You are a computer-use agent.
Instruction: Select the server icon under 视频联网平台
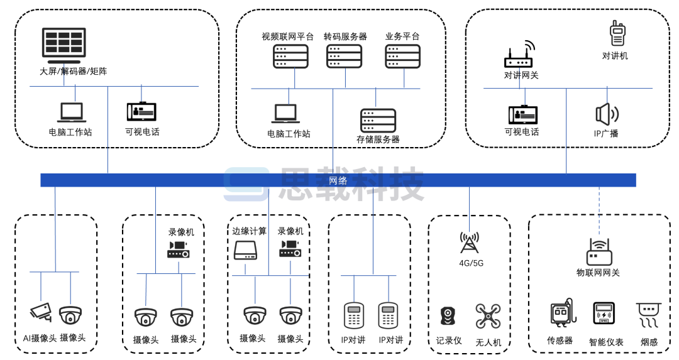point(290,56)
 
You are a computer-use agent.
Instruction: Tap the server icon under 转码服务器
point(345,56)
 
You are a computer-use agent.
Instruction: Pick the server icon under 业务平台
point(402,56)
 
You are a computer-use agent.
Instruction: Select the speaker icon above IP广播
point(607,114)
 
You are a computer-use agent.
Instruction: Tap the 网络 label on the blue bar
point(338,180)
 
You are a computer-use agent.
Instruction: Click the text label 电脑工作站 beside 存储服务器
point(289,134)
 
